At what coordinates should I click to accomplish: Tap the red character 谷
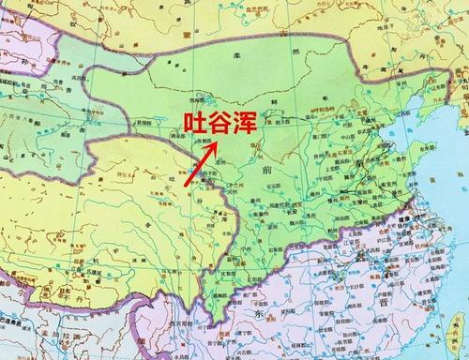[220, 122]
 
